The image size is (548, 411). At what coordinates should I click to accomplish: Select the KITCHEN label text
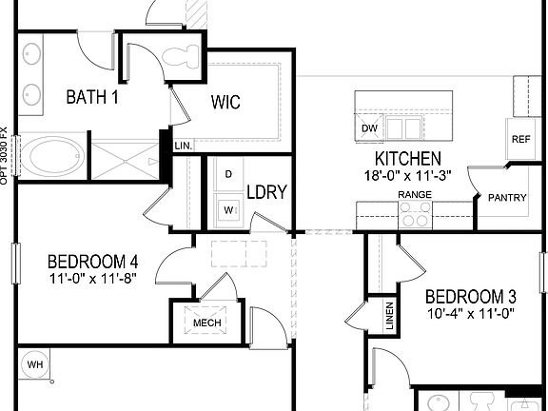[407, 158]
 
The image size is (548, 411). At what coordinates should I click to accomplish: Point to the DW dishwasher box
[369, 128]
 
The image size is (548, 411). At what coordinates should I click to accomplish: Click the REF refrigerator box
[520, 139]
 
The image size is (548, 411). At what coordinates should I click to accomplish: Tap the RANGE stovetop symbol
[415, 216]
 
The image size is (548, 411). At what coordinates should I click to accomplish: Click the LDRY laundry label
[267, 190]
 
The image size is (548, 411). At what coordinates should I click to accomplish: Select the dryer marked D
[228, 175]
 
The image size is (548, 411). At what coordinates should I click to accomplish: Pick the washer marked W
[228, 208]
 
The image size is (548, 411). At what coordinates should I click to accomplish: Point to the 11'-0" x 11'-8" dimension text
[93, 280]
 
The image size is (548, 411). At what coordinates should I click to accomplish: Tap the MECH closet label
[206, 323]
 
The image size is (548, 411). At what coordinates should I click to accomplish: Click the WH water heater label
[35, 363]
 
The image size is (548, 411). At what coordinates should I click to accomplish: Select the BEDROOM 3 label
[470, 295]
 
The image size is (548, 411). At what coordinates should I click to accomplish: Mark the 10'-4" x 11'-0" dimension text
[470, 314]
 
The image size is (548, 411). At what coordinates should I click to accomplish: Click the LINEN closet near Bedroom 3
[389, 317]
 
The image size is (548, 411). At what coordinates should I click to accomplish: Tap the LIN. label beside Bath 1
[184, 146]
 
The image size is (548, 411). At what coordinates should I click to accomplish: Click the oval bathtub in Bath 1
[53, 156]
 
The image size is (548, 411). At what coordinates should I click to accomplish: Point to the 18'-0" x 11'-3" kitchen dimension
[407, 175]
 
